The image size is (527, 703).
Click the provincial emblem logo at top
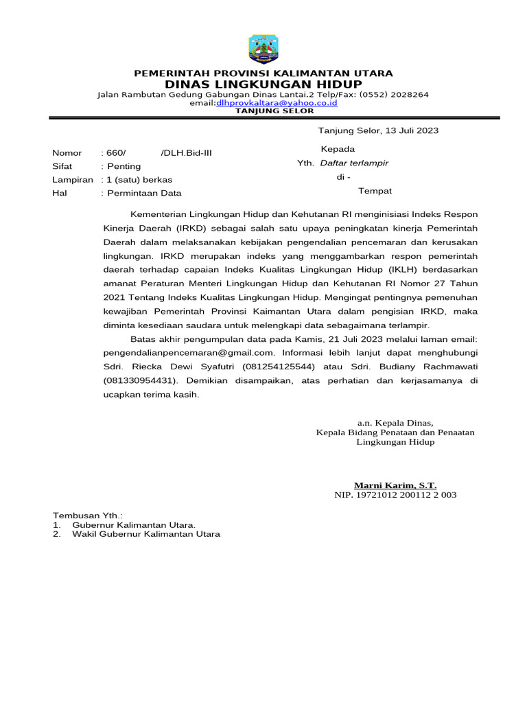pyautogui.click(x=263, y=49)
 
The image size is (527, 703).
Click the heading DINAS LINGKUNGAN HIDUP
pyautogui.click(x=263, y=84)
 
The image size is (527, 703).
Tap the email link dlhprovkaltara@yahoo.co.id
pyautogui.click(x=277, y=102)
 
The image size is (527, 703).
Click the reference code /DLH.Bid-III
pyautogui.click(x=186, y=152)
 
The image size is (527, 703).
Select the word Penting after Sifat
pyautogui.click(x=124, y=166)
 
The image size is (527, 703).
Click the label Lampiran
pyautogui.click(x=72, y=179)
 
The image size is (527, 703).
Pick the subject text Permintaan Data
pyautogui.click(x=143, y=193)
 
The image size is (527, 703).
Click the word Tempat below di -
pyautogui.click(x=375, y=191)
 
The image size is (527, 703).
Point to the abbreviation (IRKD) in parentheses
pyautogui.click(x=195, y=227)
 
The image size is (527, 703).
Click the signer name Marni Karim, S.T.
pyautogui.click(x=395, y=485)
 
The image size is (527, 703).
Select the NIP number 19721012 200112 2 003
pyautogui.click(x=395, y=494)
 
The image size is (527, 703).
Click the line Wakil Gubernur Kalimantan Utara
pyautogui.click(x=146, y=534)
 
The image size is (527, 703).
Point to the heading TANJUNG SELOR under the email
pyautogui.click(x=274, y=111)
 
